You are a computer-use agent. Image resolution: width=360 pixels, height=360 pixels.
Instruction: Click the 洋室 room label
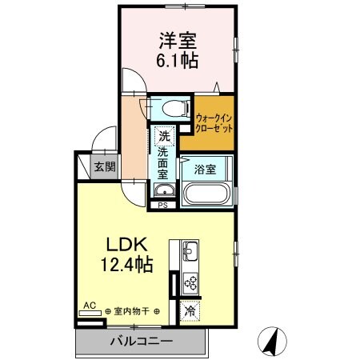(178, 38)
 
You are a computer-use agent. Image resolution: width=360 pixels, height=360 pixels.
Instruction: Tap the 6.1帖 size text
(178, 60)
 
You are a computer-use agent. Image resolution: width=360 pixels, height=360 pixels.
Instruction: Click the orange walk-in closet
(214, 123)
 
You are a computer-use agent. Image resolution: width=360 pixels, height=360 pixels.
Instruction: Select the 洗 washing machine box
(164, 135)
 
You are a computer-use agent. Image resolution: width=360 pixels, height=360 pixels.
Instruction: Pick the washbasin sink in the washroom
(164, 190)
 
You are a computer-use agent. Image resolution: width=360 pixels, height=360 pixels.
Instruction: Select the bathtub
(207, 193)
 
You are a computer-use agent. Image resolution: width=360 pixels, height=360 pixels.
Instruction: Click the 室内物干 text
(133, 312)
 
